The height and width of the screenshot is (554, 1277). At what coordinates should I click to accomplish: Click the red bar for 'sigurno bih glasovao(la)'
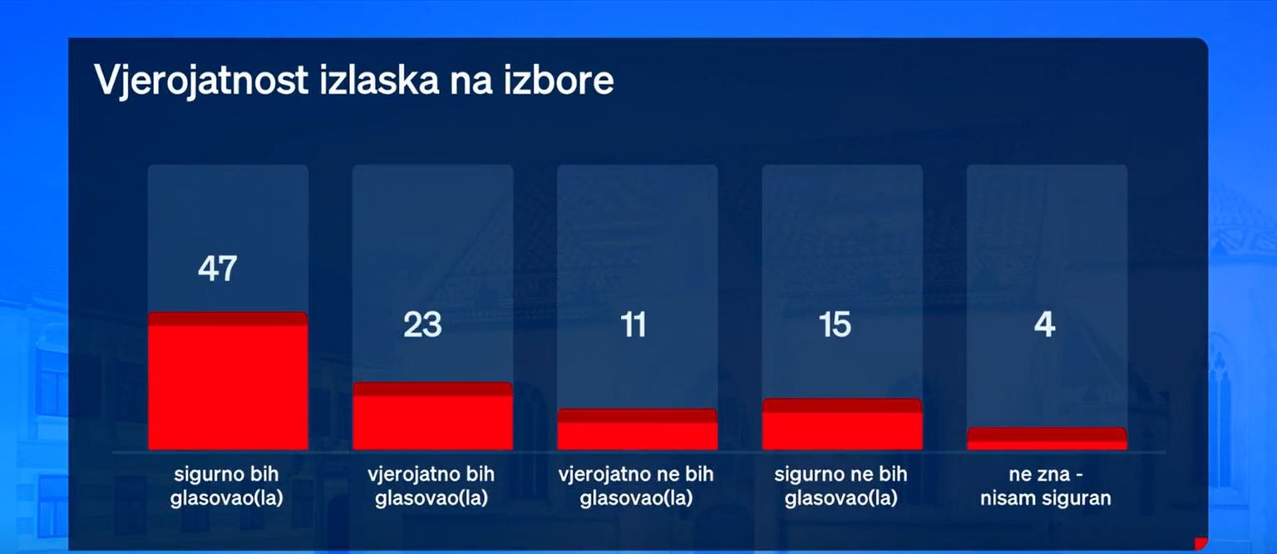pyautogui.click(x=228, y=381)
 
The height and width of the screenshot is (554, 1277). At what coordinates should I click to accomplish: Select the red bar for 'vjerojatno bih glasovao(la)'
pyautogui.click(x=432, y=416)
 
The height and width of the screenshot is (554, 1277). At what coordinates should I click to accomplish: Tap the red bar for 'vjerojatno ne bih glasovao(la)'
pyautogui.click(x=638, y=429)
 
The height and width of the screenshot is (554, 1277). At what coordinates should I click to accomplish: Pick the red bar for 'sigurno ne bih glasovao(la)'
pyautogui.click(x=842, y=424)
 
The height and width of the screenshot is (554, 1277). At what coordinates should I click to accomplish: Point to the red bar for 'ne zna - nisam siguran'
pyautogui.click(x=1047, y=438)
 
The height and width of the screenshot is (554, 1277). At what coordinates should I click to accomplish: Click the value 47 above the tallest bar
pyautogui.click(x=217, y=268)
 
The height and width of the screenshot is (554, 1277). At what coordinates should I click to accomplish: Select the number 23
pyautogui.click(x=422, y=324)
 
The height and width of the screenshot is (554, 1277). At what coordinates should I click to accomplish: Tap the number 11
pyautogui.click(x=633, y=324)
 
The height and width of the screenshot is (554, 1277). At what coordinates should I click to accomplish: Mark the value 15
pyautogui.click(x=835, y=324)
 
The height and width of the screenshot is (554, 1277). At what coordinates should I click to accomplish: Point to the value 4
pyautogui.click(x=1044, y=324)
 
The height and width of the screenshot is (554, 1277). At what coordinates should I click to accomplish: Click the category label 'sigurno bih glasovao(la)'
pyautogui.click(x=227, y=486)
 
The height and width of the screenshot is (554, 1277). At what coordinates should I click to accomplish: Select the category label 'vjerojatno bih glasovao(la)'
pyautogui.click(x=431, y=486)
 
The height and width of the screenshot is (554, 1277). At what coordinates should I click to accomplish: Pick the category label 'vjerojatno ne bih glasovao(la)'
pyautogui.click(x=636, y=486)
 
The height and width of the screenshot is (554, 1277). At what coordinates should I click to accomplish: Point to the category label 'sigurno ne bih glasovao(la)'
pyautogui.click(x=841, y=486)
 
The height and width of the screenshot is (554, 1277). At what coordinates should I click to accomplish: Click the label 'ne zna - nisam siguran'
pyautogui.click(x=1046, y=486)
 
